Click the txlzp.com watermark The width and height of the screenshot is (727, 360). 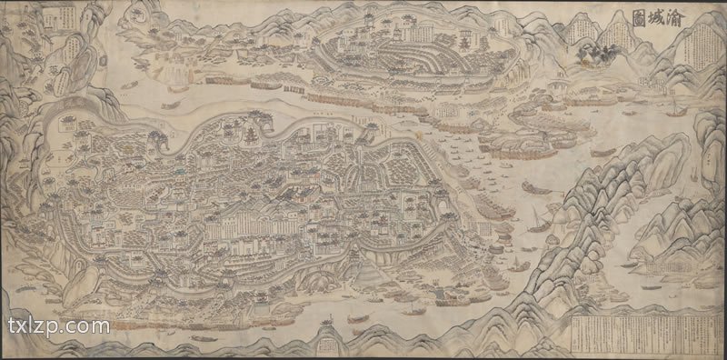(x=58, y=325)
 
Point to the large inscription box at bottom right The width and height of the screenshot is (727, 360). (x=645, y=334)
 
